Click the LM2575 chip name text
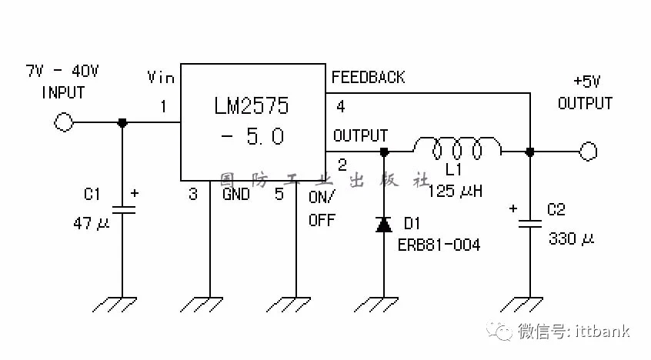tap(252, 106)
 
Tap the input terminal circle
tap(64, 122)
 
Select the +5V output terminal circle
tap(588, 151)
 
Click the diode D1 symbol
tap(384, 225)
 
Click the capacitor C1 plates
tap(122, 210)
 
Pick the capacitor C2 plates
tap(530, 224)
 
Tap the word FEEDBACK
tap(368, 77)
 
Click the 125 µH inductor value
tap(455, 191)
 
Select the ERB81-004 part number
tap(439, 245)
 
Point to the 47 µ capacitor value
tap(92, 223)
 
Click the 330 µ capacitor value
tap(571, 238)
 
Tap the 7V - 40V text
tap(62, 71)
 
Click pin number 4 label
tap(340, 107)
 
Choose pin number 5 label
tap(279, 194)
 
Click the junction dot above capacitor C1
tap(122, 122)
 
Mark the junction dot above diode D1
tap(384, 152)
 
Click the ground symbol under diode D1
tap(376, 305)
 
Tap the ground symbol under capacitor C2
tap(522, 305)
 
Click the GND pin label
tap(235, 194)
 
